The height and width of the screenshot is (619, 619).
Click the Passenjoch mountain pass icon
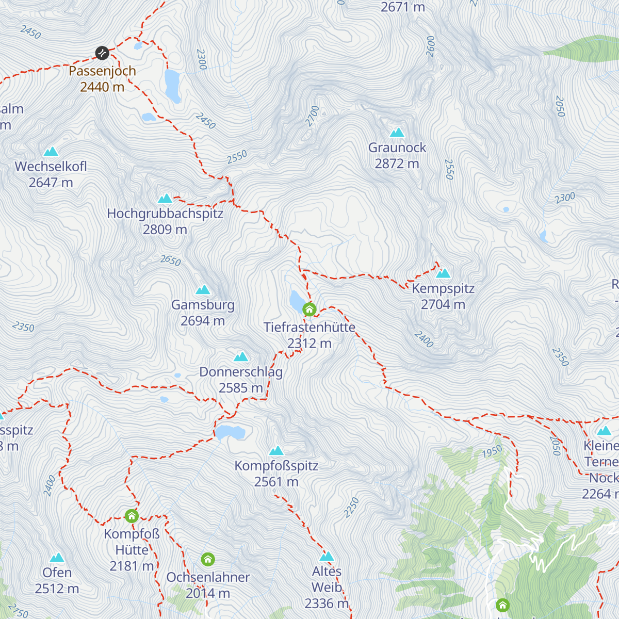pyautogui.click(x=102, y=53)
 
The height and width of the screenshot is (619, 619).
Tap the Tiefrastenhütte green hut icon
pyautogui.click(x=309, y=309)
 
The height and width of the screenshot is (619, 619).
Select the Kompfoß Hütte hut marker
pyautogui.click(x=132, y=516)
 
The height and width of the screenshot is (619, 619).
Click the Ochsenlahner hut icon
pyautogui.click(x=208, y=559)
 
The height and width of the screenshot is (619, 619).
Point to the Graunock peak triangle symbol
pyautogui.click(x=397, y=133)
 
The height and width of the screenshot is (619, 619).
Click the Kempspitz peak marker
pyautogui.click(x=443, y=273)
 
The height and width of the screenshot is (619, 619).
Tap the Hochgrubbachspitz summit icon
pyautogui.click(x=165, y=199)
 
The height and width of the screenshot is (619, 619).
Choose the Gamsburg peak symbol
pyautogui.click(x=203, y=290)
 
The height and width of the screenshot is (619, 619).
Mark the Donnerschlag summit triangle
pyautogui.click(x=241, y=357)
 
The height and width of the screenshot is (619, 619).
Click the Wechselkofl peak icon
pyautogui.click(x=51, y=152)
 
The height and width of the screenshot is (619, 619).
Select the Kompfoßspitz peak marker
pyautogui.click(x=276, y=451)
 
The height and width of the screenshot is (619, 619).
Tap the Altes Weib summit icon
pyautogui.click(x=327, y=557)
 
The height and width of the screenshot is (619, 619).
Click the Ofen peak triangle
pyautogui.click(x=57, y=558)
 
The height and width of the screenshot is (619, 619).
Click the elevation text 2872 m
pyautogui.click(x=397, y=164)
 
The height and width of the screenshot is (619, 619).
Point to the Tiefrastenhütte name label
pyautogui.click(x=309, y=328)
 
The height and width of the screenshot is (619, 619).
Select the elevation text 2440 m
pyautogui.click(x=102, y=87)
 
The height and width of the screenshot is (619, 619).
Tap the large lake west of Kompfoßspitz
pyautogui.click(x=230, y=432)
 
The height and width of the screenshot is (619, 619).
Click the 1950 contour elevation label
pyautogui.click(x=492, y=451)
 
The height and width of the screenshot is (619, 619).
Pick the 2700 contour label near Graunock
pyautogui.click(x=312, y=116)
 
